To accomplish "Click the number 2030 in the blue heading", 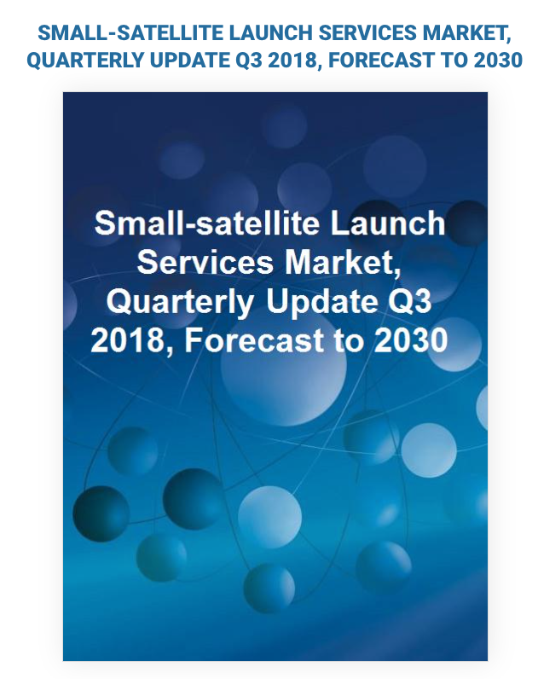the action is click(498, 61).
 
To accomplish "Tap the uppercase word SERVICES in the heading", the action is click(367, 33).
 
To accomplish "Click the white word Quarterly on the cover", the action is click(180, 302).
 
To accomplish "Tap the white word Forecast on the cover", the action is click(254, 340).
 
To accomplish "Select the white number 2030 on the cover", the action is click(410, 340).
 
